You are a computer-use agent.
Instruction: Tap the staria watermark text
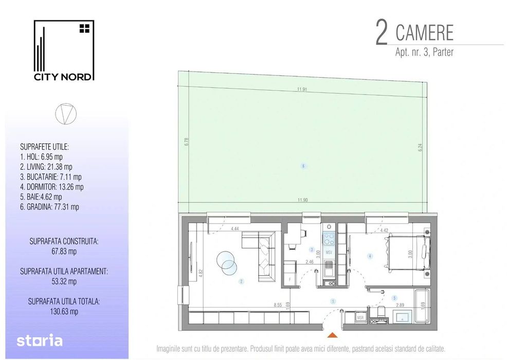point(40,340)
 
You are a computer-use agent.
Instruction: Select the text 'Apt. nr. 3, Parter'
point(424,52)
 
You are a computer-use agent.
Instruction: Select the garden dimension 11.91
point(302,89)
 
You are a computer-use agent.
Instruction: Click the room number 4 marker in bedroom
point(369,256)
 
